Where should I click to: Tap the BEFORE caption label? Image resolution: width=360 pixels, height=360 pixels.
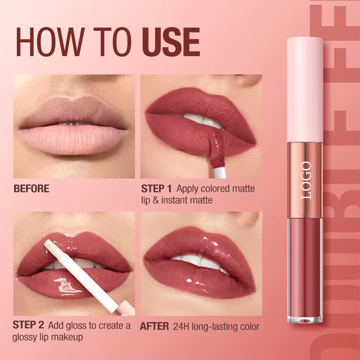pyautogui.click(x=31, y=189)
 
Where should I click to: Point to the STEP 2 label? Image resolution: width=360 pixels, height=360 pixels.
pyautogui.click(x=29, y=325)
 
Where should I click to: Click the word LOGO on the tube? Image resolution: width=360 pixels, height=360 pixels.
pyautogui.click(x=306, y=180)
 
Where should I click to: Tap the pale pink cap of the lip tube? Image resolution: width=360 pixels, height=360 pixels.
pyautogui.click(x=305, y=90)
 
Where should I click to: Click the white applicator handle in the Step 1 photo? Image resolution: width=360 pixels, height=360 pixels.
pyautogui.click(x=215, y=169)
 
